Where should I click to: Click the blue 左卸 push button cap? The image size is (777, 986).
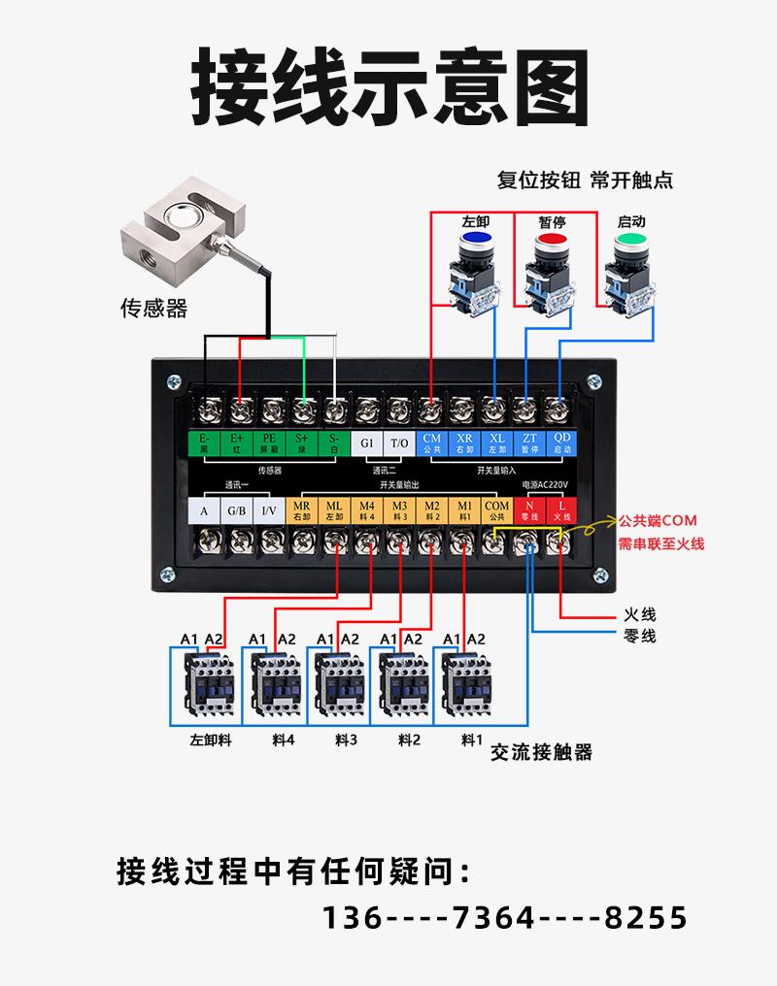475,239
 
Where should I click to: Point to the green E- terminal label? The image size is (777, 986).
205,444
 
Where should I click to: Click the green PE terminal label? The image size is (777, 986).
269,444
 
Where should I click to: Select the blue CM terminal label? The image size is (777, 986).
432,444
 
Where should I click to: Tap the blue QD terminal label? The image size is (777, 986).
561,444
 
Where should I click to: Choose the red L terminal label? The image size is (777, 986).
561,510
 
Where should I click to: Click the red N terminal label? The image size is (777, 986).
529,510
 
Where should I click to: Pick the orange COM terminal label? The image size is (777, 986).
496,510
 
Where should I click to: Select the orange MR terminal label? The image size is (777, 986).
301,510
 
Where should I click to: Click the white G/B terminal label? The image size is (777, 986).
237,510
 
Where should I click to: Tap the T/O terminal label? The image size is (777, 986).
399,444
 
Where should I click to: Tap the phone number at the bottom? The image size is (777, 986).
504,916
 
